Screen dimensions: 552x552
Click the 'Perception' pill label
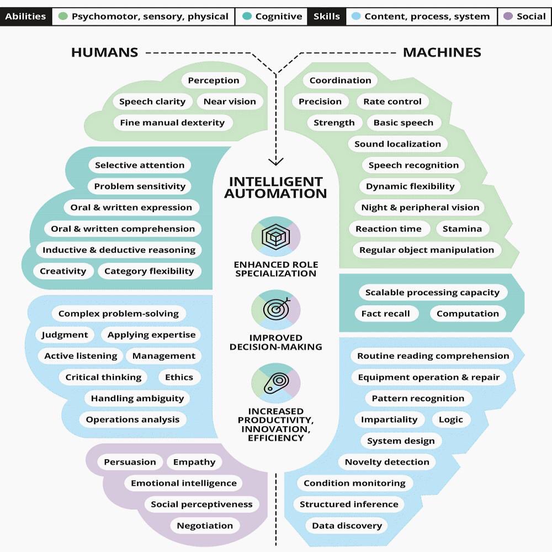pyautogui.click(x=214, y=81)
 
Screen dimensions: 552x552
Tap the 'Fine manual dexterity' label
pyautogui.click(x=172, y=123)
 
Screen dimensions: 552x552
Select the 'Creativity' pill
pyautogui.click(x=63, y=271)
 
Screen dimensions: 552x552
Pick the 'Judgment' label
pyautogui.click(x=65, y=335)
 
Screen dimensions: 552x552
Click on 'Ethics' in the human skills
pyautogui.click(x=179, y=378)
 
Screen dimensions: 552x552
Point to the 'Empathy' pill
pyautogui.click(x=194, y=462)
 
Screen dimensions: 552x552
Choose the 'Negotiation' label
pyautogui.click(x=205, y=526)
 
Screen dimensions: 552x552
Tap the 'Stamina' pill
pyautogui.click(x=463, y=229)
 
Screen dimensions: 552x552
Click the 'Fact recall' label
pyautogui.click(x=385, y=314)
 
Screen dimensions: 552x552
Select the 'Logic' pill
pyautogui.click(x=451, y=420)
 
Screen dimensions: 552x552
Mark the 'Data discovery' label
pyautogui.click(x=347, y=526)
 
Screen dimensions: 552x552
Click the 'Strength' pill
pyautogui.click(x=334, y=123)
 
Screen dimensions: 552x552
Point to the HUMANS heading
pyautogui.click(x=104, y=53)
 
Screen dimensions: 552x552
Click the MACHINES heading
pyautogui.click(x=442, y=53)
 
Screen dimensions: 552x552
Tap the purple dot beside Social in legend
pyautogui.click(x=508, y=17)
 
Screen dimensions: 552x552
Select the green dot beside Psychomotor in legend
pyautogui.click(x=62, y=17)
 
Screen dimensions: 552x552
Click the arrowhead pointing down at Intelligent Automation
pyautogui.click(x=275, y=161)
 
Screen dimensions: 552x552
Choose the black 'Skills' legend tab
pyautogui.click(x=326, y=17)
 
